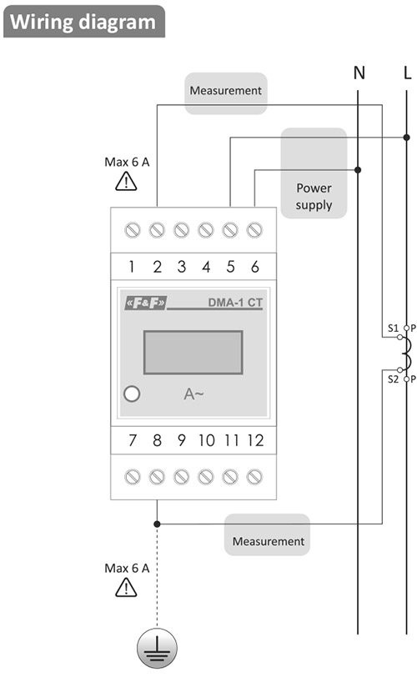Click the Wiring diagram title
83,22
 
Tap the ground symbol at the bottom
157,649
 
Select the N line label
359,73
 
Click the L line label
408,73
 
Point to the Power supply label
314,197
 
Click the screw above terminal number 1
133,230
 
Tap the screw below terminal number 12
254,477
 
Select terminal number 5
230,267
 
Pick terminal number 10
206,440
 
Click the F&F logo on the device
145,303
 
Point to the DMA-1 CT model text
235,302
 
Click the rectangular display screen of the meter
193,353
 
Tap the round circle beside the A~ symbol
132,394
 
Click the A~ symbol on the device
193,394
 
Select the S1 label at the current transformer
393,328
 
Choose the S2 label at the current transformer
393,379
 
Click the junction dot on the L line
407,138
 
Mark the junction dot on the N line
358,170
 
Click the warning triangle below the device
126,587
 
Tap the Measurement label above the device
226,91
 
